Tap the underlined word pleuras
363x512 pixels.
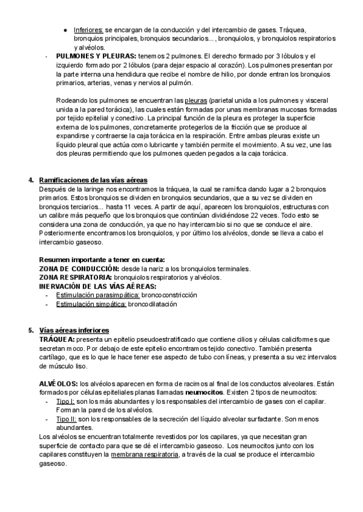(195, 100)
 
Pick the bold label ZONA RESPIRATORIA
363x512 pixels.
(75, 277)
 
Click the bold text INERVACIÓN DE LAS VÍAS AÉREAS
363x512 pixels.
(97, 286)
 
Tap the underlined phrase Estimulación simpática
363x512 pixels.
(91, 305)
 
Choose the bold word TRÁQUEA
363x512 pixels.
(58, 339)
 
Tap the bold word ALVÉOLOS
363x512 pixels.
(58, 383)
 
